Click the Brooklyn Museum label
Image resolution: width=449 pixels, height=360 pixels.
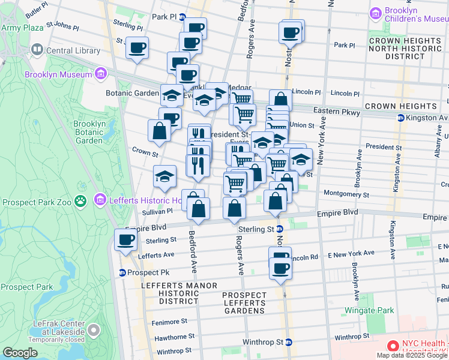tap(58, 74)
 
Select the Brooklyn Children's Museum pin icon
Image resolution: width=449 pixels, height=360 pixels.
tap(377, 13)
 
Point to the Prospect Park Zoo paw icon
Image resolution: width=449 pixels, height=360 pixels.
tap(80, 200)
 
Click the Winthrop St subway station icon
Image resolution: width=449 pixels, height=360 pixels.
tap(289, 343)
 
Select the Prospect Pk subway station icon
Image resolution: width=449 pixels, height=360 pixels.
tap(122, 272)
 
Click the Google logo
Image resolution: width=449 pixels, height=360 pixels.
tap(19, 353)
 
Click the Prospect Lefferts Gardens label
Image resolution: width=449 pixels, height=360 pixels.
tap(244, 302)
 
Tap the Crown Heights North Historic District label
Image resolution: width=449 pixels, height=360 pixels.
tap(397, 48)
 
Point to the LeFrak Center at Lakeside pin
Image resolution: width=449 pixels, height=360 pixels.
tap(94, 329)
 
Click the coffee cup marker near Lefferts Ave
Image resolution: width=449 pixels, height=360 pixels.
tap(126, 241)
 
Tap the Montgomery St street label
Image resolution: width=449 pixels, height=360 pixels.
tap(346, 194)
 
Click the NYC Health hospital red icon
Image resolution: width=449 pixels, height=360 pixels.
tap(393, 346)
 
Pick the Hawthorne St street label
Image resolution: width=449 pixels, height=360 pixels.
tap(175, 337)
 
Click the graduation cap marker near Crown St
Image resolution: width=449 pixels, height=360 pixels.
tap(164, 176)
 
